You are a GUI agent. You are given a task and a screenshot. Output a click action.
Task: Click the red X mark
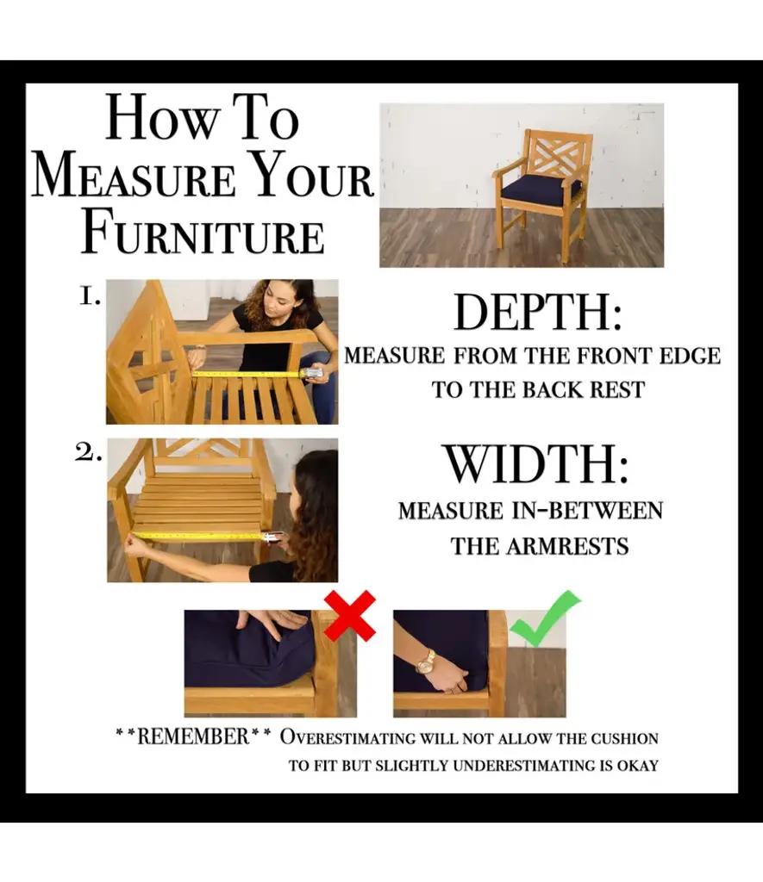350,615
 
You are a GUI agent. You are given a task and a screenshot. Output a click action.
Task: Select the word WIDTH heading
535,464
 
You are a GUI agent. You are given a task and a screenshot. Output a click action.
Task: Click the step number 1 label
90,296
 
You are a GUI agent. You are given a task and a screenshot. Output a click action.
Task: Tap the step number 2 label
89,451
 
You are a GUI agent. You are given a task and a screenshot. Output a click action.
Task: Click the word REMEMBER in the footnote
192,736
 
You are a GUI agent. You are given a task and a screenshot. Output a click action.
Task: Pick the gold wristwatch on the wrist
426,662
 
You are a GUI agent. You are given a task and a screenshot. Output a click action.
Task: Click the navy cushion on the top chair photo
541,190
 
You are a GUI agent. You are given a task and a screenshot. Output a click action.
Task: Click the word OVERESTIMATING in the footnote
347,737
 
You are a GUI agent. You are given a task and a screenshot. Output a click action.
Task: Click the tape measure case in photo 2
272,537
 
